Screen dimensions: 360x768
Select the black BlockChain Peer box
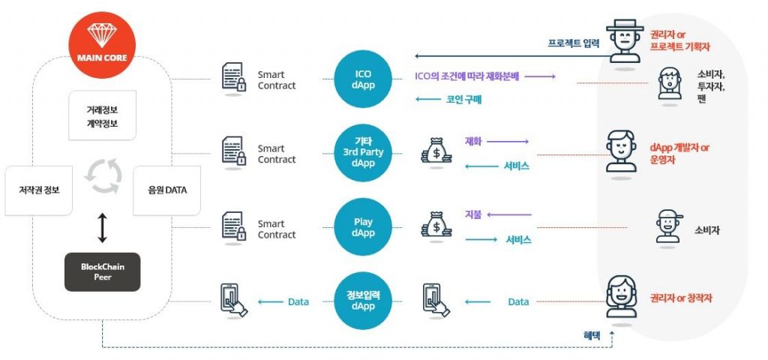(x=102, y=271)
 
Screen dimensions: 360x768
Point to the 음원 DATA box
(x=166, y=190)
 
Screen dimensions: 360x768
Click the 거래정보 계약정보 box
(x=102, y=115)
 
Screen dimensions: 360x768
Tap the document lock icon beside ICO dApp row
(x=233, y=78)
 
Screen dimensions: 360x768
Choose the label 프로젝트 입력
(x=573, y=43)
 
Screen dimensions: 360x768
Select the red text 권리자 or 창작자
(x=681, y=298)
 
